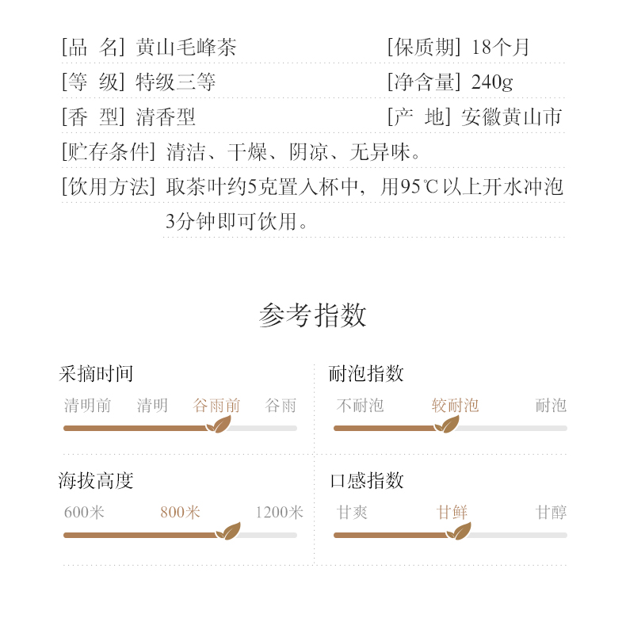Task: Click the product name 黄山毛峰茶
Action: coord(186,47)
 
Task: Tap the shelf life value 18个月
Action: coord(500,47)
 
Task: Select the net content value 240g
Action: coord(492,82)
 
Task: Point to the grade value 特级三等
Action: coord(176,82)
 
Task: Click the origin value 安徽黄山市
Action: coord(511,118)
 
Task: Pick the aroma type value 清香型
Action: coord(166,118)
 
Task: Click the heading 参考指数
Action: coord(312,315)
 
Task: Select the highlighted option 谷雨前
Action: coord(216,406)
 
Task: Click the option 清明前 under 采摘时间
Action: coord(87,406)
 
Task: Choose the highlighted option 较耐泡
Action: coord(455,406)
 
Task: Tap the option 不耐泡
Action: coord(360,406)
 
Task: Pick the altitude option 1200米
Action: coord(279,512)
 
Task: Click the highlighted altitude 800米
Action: coord(180,512)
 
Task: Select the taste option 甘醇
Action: coord(551,512)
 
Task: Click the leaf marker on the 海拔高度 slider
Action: coord(228,532)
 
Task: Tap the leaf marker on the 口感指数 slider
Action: coord(458,532)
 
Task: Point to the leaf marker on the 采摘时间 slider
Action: coord(218,425)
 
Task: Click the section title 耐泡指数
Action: coord(366,373)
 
